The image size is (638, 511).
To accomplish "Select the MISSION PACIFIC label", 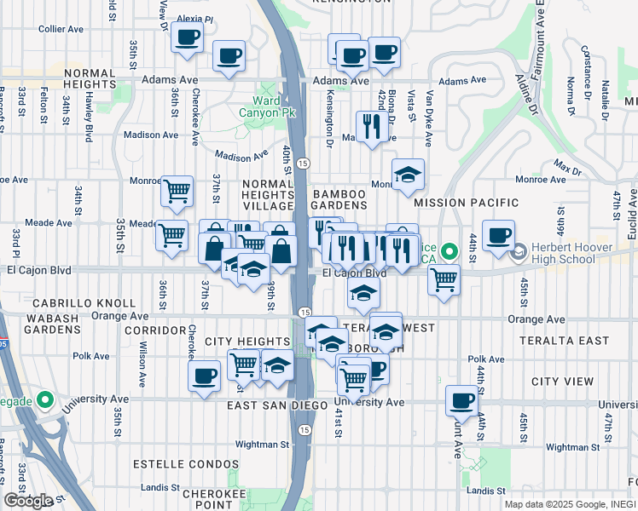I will coord(466,203).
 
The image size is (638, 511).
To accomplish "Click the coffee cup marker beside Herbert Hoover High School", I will coord(498,235).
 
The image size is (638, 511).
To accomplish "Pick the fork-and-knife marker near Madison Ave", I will coord(371,127).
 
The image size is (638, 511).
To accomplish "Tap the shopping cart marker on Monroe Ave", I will coord(177,191).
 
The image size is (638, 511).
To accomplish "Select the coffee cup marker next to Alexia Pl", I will coord(187,37).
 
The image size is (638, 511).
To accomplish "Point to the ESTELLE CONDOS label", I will coord(186,464).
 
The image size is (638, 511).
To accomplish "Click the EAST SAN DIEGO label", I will coord(277,406).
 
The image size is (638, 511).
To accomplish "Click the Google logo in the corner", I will coord(27,500).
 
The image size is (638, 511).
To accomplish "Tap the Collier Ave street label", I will coord(61,28).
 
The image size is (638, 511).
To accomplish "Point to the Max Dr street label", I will coord(565,162).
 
